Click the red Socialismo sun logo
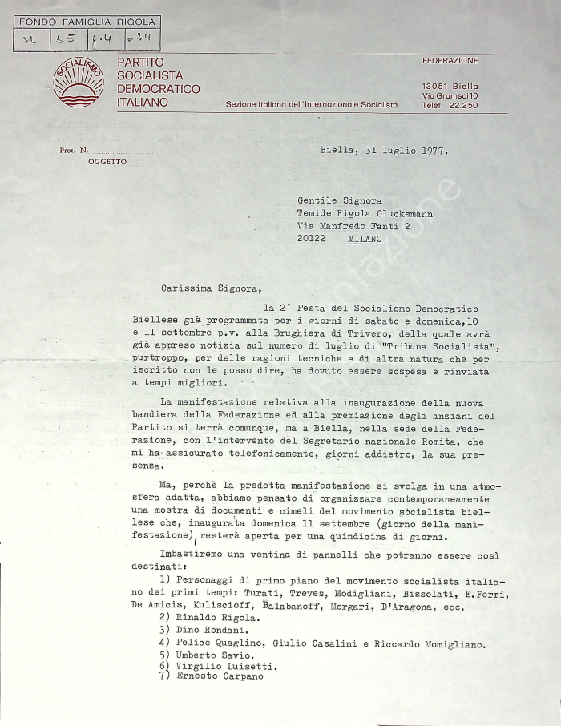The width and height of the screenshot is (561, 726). point(78,83)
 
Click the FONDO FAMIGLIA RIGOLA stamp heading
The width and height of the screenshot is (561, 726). point(86,22)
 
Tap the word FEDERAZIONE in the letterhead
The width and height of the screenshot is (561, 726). point(450,61)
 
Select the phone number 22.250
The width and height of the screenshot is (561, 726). point(462,106)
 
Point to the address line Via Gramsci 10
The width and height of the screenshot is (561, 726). point(450,96)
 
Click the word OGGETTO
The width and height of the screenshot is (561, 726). point(107,162)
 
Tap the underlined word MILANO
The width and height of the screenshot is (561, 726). point(365,239)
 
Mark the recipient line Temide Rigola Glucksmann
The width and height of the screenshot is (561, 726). point(370,214)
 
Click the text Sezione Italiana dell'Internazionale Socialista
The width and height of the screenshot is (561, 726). point(311,105)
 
